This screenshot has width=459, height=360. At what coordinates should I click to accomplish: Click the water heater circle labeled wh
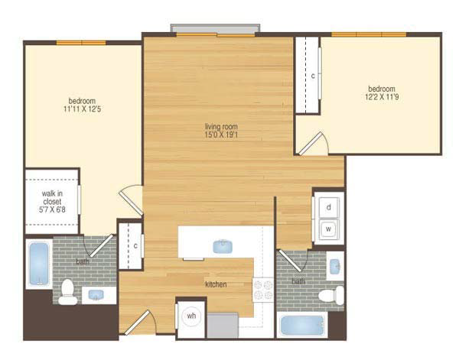coord(191,316)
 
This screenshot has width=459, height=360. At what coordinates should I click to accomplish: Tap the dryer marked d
coord(329,207)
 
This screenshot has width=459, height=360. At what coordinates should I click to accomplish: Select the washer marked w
coord(329,229)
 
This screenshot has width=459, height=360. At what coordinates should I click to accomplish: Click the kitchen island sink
coord(223,246)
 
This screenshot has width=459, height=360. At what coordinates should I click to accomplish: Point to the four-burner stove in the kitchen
coord(263,290)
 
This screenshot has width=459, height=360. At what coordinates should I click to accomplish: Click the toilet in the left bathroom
coord(67,292)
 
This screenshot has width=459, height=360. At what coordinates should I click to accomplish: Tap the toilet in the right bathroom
coord(330,295)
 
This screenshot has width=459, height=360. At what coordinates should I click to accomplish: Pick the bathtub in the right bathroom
coord(302,325)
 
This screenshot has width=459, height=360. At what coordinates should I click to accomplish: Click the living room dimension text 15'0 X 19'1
coord(221,135)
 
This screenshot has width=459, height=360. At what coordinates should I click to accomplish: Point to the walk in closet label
coord(52,197)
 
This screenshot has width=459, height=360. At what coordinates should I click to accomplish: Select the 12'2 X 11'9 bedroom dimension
coord(382,97)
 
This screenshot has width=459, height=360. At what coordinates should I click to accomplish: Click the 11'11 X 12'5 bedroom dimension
coord(83,109)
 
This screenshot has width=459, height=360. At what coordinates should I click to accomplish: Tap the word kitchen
coord(216,284)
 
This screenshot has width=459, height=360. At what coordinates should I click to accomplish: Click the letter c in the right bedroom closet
coord(313,76)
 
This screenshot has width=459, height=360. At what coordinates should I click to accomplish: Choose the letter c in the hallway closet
coord(135,246)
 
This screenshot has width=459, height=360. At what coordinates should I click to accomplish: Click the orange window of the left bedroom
coord(81,43)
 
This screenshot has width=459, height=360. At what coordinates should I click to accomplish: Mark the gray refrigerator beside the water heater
coord(223,325)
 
